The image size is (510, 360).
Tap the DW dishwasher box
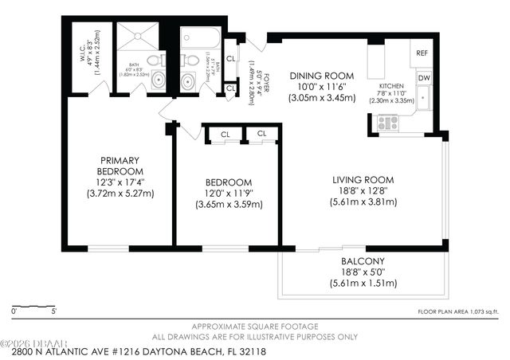coord(423,77)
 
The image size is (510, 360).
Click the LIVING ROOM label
coord(363,179)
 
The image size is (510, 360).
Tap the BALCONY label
coord(363,260)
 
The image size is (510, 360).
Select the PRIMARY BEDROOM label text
coord(120,165)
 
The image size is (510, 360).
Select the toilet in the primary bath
coord(157,59)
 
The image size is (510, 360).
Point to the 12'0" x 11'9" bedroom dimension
coord(229,193)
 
